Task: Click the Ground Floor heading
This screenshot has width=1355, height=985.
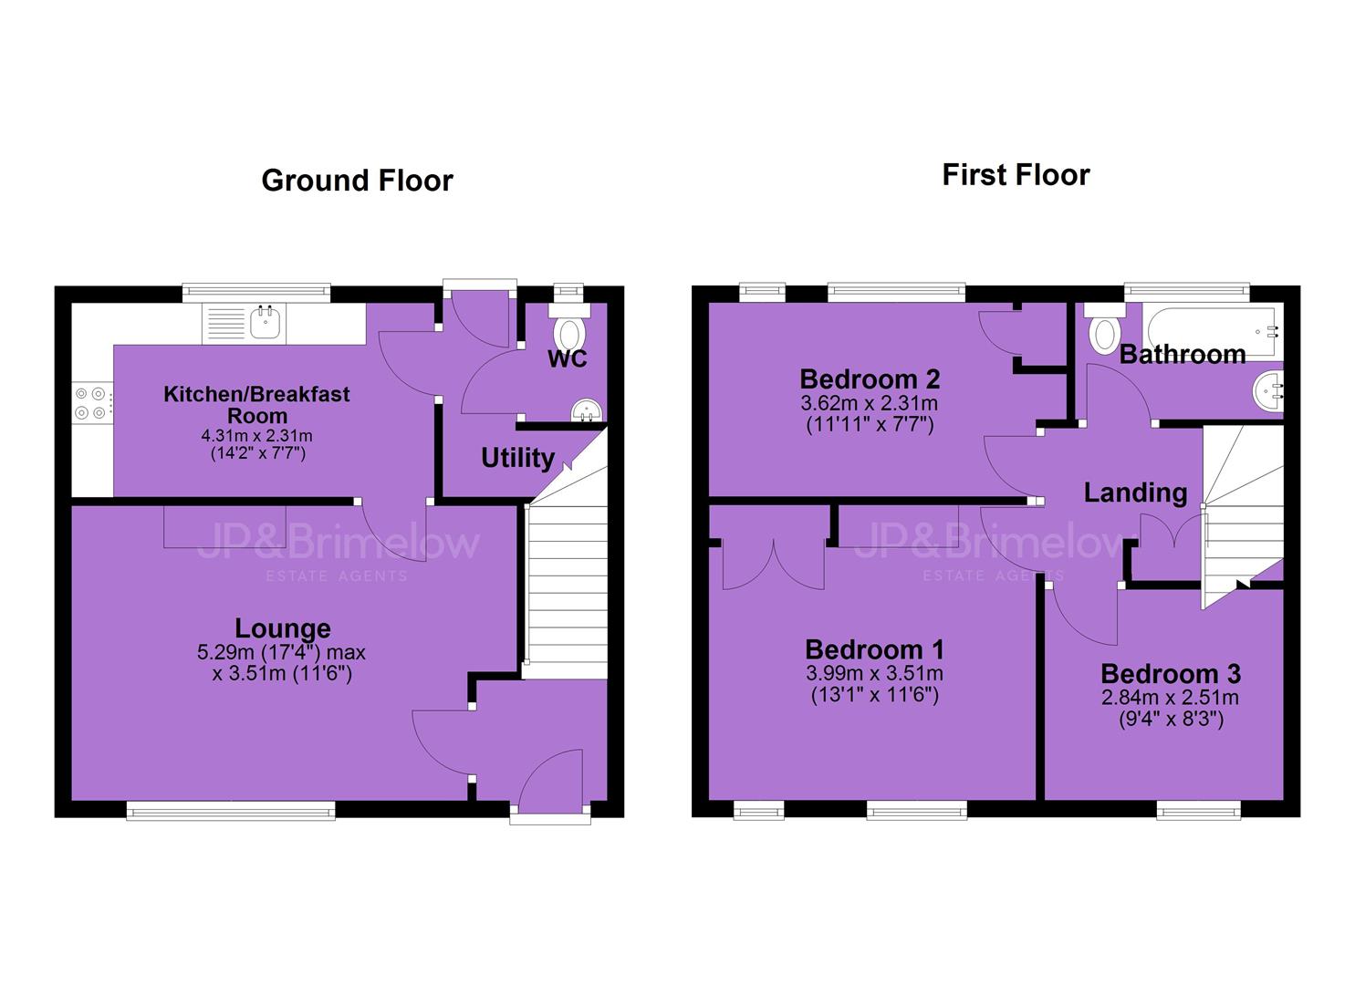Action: [358, 181]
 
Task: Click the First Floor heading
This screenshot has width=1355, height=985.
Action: [1016, 175]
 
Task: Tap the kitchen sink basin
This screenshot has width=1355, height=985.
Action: [265, 322]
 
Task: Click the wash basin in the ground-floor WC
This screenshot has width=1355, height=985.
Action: [586, 410]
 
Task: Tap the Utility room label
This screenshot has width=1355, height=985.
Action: [517, 458]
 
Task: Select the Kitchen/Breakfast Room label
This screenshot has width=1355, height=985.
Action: [256, 405]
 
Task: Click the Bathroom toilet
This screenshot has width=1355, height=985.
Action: [1105, 329]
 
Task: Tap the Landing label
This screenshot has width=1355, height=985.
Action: [1135, 493]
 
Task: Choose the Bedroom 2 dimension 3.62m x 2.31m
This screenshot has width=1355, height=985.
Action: [870, 403]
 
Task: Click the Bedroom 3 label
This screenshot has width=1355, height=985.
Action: [1171, 673]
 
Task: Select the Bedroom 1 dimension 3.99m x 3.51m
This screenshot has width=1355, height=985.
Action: [874, 673]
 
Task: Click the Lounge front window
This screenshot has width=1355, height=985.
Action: [231, 811]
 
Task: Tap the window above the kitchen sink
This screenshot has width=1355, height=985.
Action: [257, 293]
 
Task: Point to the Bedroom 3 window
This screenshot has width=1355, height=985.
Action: [1198, 810]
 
